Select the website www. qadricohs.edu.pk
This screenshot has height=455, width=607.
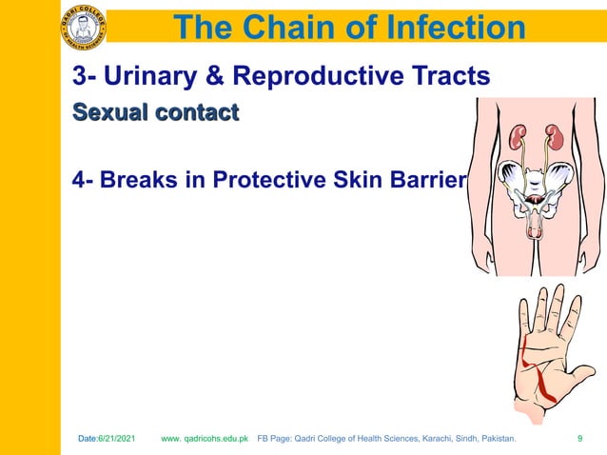[x=205, y=439]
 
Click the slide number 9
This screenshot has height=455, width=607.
[x=580, y=439]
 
